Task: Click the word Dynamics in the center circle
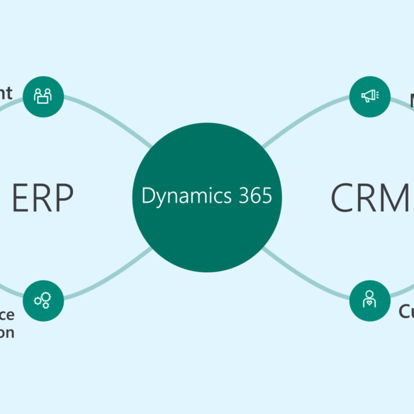point(183,196)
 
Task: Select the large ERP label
point(43,197)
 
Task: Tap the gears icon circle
point(43,300)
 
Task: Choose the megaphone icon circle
point(370,97)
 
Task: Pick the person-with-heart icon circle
point(370,300)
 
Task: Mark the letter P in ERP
point(64,197)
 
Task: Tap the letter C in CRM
point(342,197)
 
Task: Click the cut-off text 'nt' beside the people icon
point(6,93)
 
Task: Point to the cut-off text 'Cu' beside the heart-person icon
point(406,312)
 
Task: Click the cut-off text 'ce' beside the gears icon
point(7,315)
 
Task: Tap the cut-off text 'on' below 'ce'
point(7,332)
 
